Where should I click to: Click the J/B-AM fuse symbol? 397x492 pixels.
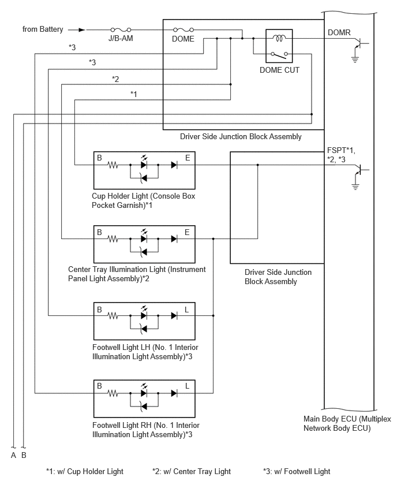(121, 30)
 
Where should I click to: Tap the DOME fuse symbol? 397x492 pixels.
(183, 30)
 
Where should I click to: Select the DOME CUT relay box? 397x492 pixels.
(279, 46)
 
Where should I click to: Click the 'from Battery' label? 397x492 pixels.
(43, 29)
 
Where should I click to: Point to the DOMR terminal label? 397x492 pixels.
(339, 32)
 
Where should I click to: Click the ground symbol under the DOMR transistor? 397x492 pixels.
(355, 59)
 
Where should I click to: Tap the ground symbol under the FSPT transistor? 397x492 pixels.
(355, 187)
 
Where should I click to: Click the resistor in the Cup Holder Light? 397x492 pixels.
(113, 165)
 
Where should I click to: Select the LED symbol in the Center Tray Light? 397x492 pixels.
(144, 238)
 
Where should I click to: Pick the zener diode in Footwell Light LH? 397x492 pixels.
(144, 329)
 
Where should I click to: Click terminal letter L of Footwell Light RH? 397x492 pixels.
(187, 386)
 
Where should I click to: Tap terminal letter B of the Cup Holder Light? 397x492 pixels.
(99, 158)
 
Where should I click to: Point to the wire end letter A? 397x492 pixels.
(13, 455)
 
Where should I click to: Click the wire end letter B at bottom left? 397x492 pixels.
(24, 455)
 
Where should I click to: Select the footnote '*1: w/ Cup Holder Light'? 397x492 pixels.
(85, 471)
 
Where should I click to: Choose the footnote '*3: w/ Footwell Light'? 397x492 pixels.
(297, 471)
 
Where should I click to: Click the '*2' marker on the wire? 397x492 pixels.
(115, 79)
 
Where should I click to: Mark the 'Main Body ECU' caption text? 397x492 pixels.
(347, 423)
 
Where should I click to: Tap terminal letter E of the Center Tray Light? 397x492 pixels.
(187, 232)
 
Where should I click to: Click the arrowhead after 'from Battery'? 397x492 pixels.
(82, 30)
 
